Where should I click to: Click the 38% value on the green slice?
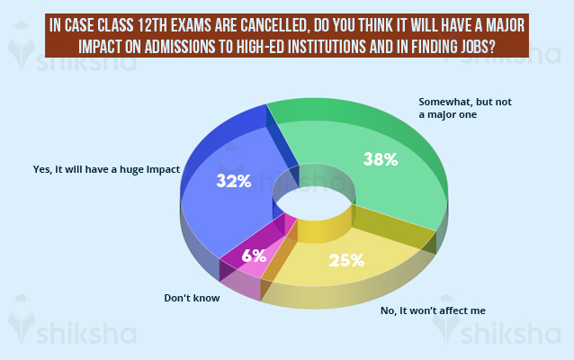(x=381, y=160)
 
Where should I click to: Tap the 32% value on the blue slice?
(x=233, y=181)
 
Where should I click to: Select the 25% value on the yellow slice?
(x=346, y=261)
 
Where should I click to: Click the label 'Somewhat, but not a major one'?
(x=465, y=108)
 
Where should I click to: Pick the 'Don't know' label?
(x=193, y=296)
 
